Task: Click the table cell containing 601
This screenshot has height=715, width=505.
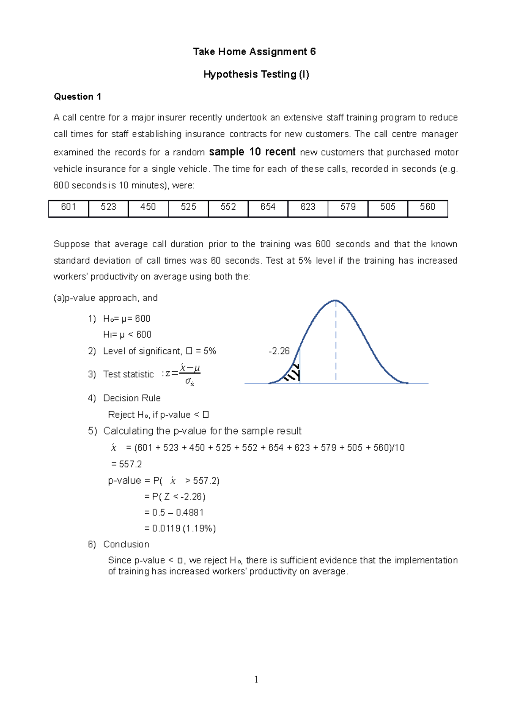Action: (x=69, y=208)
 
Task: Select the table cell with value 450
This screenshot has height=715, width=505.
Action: (x=148, y=208)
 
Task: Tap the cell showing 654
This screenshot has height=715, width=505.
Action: (x=268, y=208)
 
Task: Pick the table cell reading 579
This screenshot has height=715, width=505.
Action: (x=348, y=208)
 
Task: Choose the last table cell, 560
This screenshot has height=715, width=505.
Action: (x=428, y=208)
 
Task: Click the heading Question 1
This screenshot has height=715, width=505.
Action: (x=77, y=97)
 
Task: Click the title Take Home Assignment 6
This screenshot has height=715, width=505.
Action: (x=254, y=52)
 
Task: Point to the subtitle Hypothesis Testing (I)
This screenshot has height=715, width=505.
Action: (x=256, y=75)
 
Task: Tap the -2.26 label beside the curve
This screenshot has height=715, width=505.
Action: (x=279, y=351)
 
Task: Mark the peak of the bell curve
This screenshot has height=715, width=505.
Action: (x=335, y=301)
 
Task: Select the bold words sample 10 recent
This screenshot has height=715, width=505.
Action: (x=252, y=152)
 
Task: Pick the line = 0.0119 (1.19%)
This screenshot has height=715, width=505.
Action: (x=180, y=528)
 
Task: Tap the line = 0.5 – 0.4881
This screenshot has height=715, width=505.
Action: (x=174, y=512)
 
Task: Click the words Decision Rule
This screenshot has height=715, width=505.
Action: (x=132, y=398)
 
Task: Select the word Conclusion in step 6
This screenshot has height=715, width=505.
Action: (x=126, y=544)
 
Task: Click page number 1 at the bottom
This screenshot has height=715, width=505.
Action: (x=256, y=679)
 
